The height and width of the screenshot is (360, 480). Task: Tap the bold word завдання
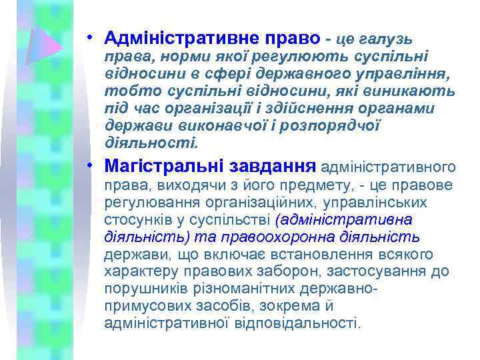(273, 164)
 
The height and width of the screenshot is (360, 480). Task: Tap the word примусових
(140, 306)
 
